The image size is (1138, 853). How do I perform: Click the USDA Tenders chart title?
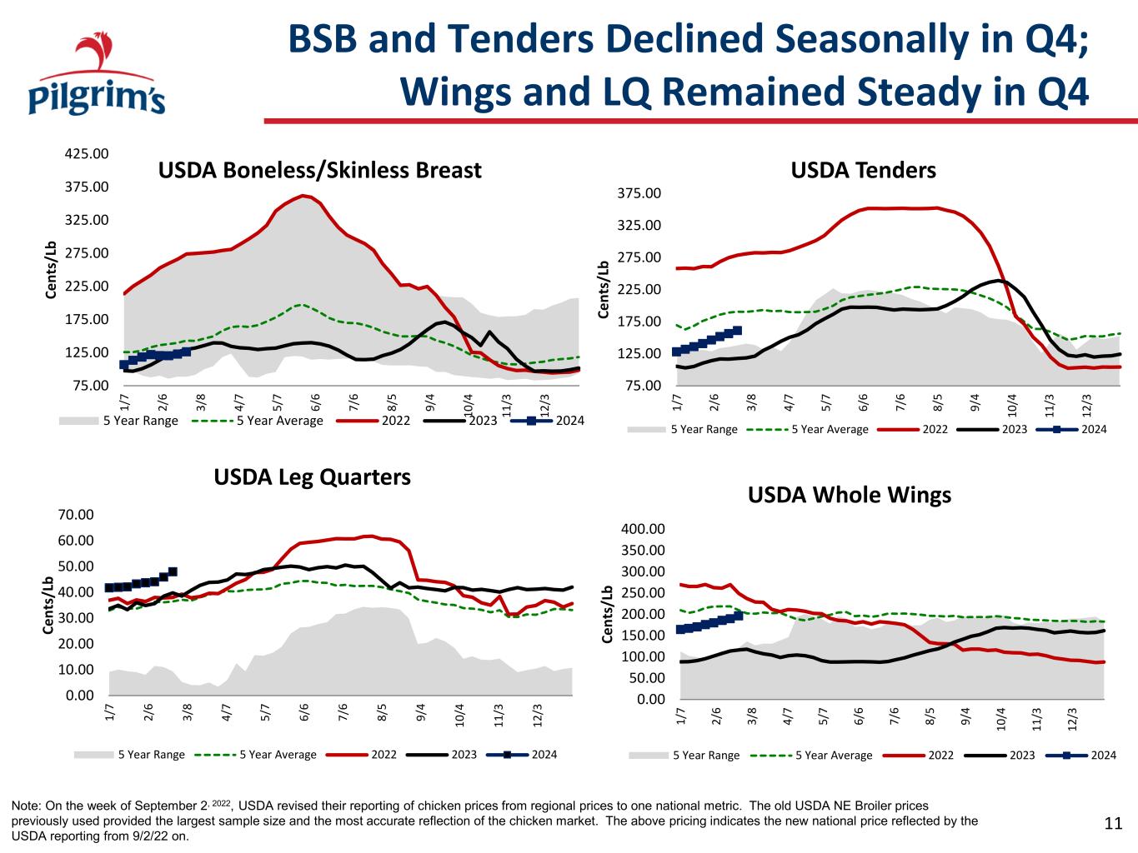coord(863,170)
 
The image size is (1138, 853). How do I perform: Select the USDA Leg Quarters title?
coord(312,477)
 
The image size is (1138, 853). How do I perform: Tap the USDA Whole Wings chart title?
coord(850,495)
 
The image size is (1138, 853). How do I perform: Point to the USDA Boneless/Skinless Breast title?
coord(320,170)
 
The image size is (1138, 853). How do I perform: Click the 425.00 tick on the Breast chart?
coord(87,154)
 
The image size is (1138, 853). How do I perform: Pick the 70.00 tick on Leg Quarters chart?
coord(76,514)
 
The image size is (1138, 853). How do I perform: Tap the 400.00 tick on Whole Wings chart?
coord(643,529)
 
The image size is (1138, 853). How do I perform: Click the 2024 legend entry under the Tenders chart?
coord(1071,429)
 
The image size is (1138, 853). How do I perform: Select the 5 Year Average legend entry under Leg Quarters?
coord(256,755)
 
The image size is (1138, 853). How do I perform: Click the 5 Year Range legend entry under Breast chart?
coord(118,421)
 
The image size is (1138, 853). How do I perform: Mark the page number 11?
coord(1113,823)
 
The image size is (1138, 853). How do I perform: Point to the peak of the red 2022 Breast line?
coord(303,195)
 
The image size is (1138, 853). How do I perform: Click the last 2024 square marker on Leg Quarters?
coord(173,571)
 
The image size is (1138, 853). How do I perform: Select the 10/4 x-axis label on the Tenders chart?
coord(1011,406)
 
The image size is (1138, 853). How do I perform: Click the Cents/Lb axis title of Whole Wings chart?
coord(607,614)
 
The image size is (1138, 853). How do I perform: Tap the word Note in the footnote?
coord(25,806)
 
